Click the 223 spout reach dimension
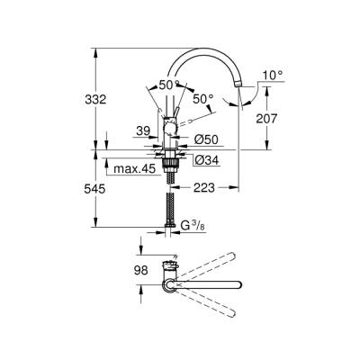pyautogui.click(x=203, y=189)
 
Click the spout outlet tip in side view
pyautogui.click(x=239, y=84)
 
